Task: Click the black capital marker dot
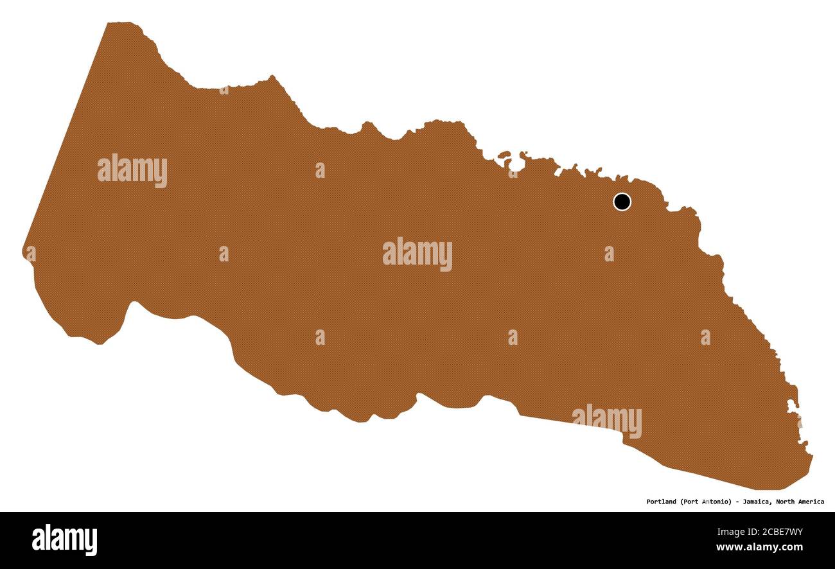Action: click(622, 202)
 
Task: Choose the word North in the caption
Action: click(787, 502)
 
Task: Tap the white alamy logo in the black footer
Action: click(64, 539)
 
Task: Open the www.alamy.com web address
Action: click(759, 548)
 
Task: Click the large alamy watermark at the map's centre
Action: click(418, 254)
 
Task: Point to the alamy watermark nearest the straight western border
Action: click(132, 171)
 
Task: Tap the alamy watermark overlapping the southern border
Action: click(606, 421)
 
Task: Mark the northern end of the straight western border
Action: click(108, 24)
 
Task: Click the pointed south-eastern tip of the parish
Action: click(812, 457)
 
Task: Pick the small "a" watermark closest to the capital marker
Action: click(608, 254)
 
